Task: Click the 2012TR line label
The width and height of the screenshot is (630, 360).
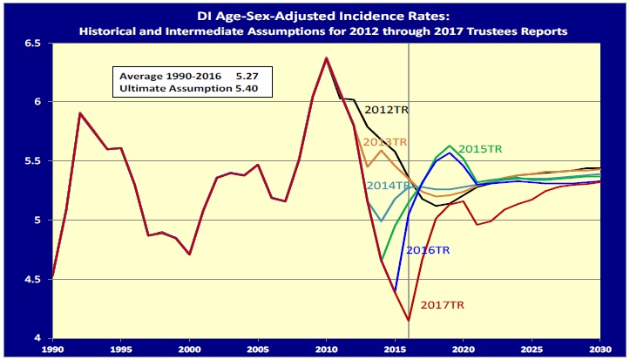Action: pos(386,111)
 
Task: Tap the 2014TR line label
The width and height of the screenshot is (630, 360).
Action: pos(388,186)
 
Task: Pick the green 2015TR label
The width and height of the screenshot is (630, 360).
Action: pos(480,149)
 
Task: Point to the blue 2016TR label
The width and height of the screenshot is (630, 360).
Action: pos(429,250)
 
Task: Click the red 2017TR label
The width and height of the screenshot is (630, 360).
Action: pos(443,305)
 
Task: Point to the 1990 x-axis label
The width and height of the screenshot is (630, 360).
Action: pos(54,349)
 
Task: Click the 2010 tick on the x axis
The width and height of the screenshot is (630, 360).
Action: pos(327,349)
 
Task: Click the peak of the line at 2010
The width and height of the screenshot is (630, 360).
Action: pos(327,58)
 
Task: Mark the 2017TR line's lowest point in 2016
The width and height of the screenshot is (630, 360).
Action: pos(409,320)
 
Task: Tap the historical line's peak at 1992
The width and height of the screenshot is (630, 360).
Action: pos(80,113)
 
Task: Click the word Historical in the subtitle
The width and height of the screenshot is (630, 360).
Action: pos(111,31)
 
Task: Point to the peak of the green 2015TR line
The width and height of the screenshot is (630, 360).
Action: pos(450,146)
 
